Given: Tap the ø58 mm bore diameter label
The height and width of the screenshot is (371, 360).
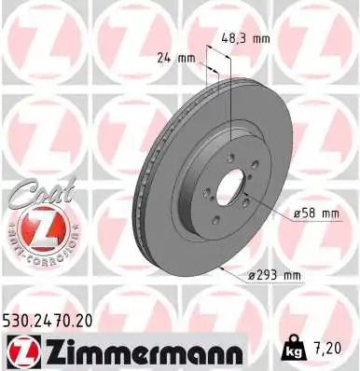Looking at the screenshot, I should coord(315,213).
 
